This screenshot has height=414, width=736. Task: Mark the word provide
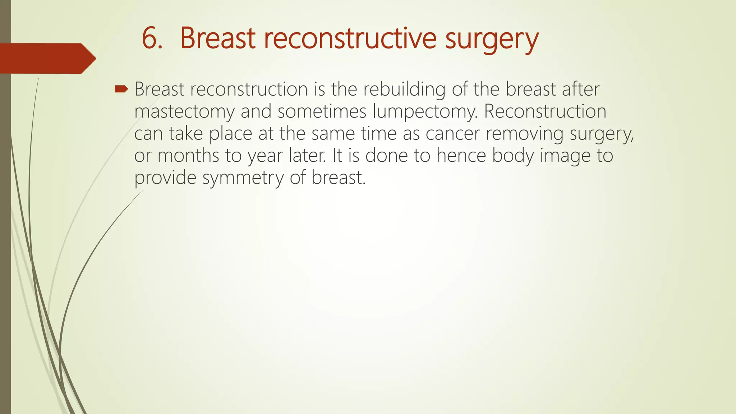coord(165,178)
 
